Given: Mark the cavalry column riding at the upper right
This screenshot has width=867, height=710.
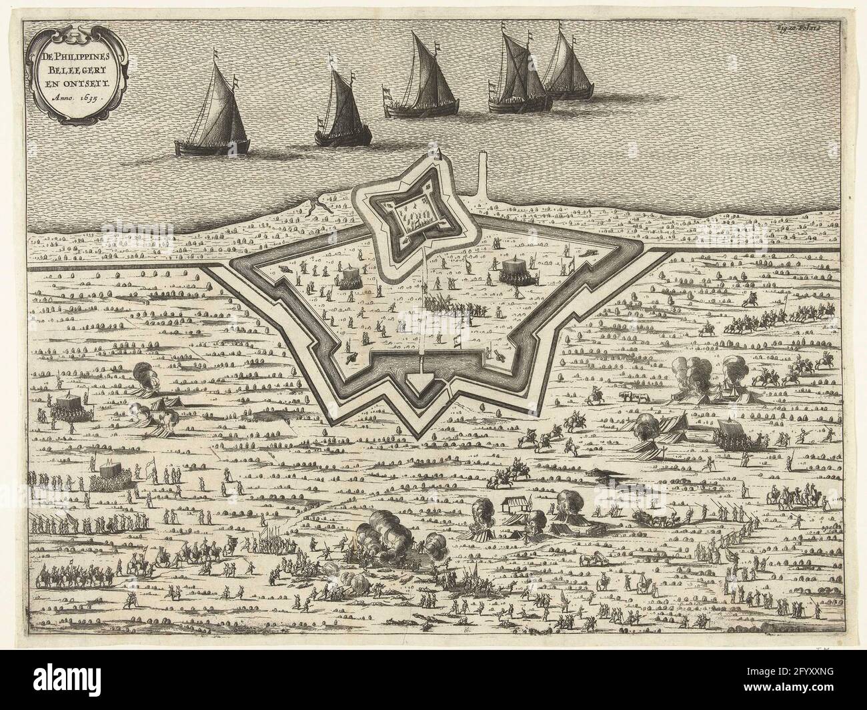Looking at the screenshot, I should (x=754, y=324).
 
